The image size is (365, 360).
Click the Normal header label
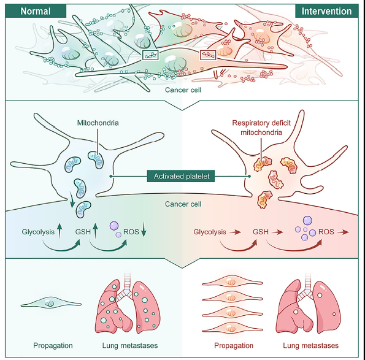point(36,11)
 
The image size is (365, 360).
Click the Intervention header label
point(326,11)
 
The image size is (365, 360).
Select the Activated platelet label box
point(181,176)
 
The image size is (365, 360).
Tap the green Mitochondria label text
point(98,123)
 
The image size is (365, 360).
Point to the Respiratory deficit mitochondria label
point(261,128)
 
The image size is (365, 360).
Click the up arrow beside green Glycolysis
point(60,231)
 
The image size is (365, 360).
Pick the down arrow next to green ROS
point(144,230)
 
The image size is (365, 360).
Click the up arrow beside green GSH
point(95,231)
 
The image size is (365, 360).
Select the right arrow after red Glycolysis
point(235,232)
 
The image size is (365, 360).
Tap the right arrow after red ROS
point(343,232)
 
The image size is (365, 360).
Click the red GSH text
point(261,232)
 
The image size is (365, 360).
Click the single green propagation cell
point(51,304)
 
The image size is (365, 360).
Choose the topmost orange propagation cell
point(232,282)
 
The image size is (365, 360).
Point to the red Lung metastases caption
point(311,345)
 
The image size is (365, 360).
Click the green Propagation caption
point(53,345)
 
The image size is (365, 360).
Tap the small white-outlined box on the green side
point(150,55)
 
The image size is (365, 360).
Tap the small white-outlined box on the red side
point(208,55)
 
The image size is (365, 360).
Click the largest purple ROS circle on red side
point(307,220)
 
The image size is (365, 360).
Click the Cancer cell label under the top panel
point(183,90)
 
